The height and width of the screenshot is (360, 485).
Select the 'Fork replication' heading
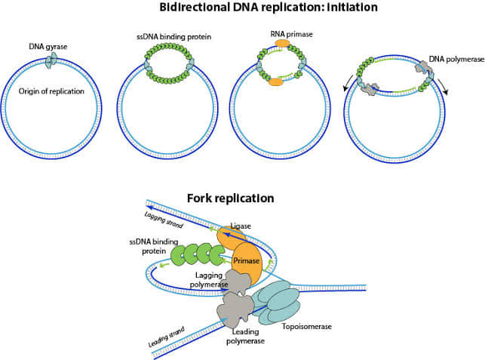point(232,198)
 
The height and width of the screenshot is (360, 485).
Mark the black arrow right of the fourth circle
point(443,94)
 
